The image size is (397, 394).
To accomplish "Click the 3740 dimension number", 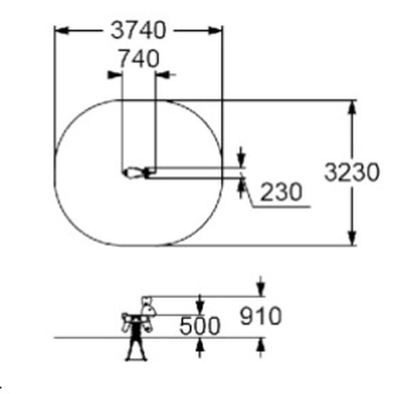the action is [138, 31].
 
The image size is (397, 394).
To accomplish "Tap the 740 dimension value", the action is [139, 58].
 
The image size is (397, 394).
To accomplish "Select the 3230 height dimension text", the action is [352, 172].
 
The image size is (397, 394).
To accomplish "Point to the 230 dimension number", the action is [281, 192].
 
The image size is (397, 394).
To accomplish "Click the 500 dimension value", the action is [200, 326].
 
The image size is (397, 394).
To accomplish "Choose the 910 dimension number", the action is [260, 316].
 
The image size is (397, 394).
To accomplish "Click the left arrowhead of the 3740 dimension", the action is [62, 31].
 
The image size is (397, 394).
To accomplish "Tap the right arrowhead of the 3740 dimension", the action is [215, 31].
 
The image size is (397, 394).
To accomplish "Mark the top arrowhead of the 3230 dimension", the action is [352, 107].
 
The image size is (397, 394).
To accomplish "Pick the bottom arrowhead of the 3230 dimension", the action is [352, 238].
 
